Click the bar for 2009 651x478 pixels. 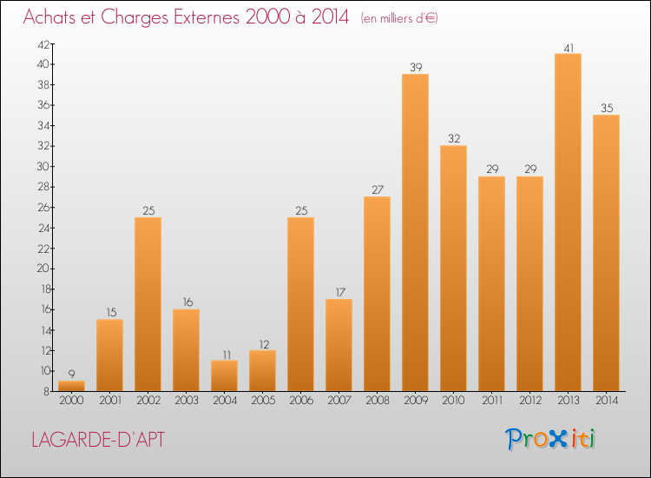(415, 232)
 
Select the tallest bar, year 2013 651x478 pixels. (568, 222)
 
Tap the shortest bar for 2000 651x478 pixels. (71, 385)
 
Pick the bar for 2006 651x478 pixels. (300, 303)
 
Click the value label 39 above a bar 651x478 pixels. (415, 67)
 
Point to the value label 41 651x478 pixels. (568, 47)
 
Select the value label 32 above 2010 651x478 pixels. (453, 138)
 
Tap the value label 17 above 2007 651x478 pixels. (339, 292)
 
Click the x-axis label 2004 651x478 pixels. (224, 402)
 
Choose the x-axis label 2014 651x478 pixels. (606, 402)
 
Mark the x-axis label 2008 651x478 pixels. (377, 402)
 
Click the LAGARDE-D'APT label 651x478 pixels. (96, 439)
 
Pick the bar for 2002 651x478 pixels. (148, 303)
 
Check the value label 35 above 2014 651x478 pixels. (606, 108)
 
